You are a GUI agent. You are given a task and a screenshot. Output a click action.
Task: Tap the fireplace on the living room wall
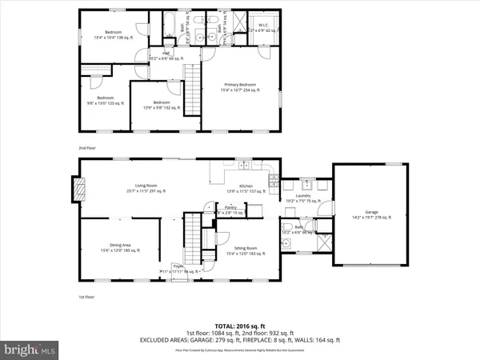coord(78,187)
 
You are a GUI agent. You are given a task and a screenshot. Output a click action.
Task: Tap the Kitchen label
coord(246,188)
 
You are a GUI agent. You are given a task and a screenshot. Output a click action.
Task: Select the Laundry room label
coord(302,198)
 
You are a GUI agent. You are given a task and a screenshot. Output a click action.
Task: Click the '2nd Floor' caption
coord(87,148)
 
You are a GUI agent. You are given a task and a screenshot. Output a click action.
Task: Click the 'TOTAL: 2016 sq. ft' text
coord(240,326)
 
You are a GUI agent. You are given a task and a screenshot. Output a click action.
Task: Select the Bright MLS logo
coord(30,350)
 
